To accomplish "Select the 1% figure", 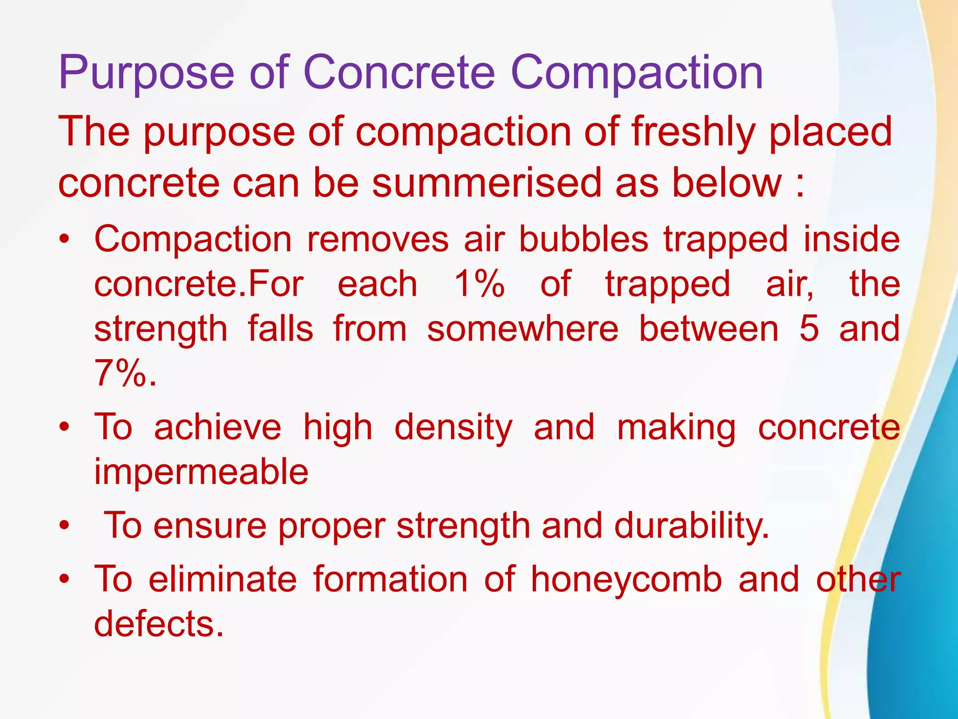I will [479, 284].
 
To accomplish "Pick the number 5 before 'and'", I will [809, 329].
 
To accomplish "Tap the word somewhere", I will [523, 329].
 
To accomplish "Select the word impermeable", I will [201, 472].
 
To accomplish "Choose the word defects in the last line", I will [158, 624].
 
